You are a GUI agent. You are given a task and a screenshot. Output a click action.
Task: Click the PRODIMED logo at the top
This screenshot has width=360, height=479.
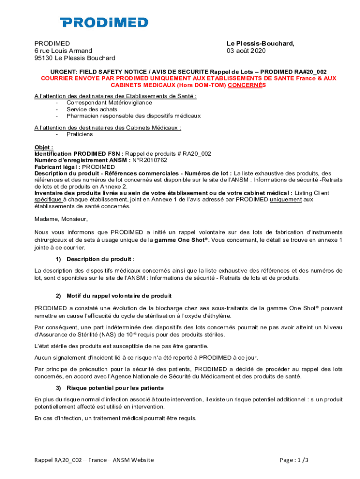point(104,22)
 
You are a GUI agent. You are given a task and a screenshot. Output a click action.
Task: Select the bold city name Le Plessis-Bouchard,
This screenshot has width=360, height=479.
point(260,43)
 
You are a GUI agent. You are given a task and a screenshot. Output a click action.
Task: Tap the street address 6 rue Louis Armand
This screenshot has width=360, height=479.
point(63,51)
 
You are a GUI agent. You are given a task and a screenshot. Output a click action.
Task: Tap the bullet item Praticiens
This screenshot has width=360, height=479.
point(79,134)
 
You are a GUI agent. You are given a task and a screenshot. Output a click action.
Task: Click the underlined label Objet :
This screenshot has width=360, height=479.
point(43,147)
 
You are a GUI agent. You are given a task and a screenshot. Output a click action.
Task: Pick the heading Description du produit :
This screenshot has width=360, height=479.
point(101,259)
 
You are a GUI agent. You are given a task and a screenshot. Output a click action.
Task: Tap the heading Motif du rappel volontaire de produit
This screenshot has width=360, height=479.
point(119,296)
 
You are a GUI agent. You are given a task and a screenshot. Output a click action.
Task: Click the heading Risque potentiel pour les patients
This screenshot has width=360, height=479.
point(115,388)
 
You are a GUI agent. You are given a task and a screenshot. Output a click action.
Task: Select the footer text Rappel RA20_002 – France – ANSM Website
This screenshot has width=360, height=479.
point(94,460)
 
